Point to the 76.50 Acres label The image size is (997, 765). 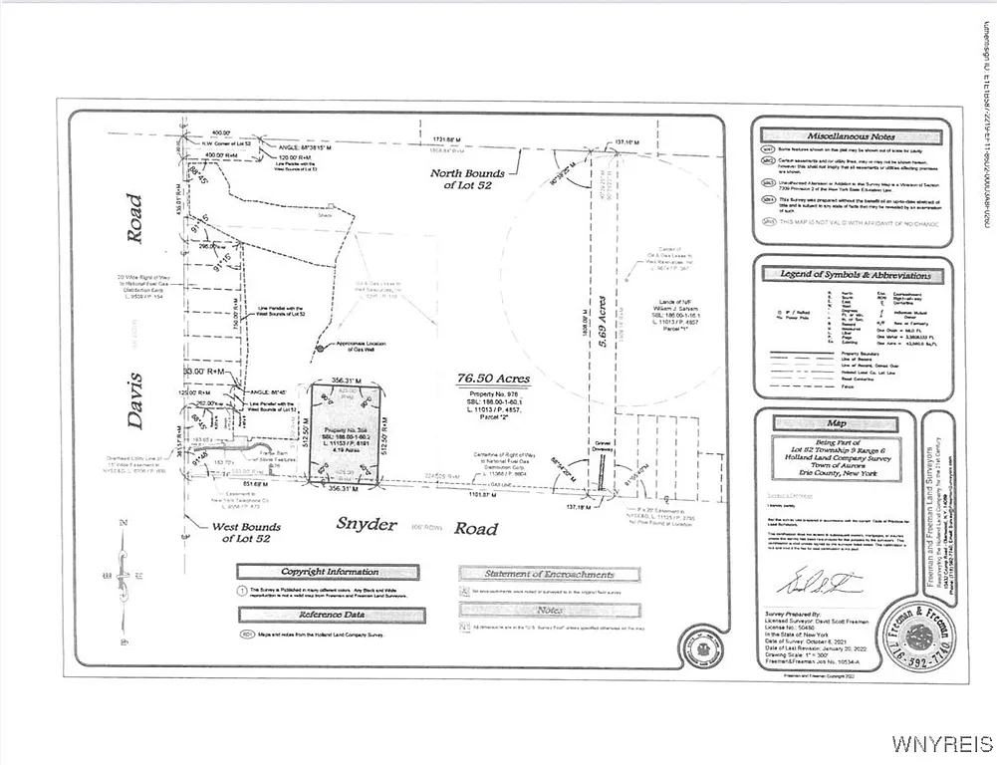[494, 380]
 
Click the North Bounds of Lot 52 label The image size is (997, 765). [495, 179]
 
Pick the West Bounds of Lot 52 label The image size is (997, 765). [247, 533]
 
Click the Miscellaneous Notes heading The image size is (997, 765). [851, 136]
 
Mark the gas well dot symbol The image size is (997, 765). [319, 348]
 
